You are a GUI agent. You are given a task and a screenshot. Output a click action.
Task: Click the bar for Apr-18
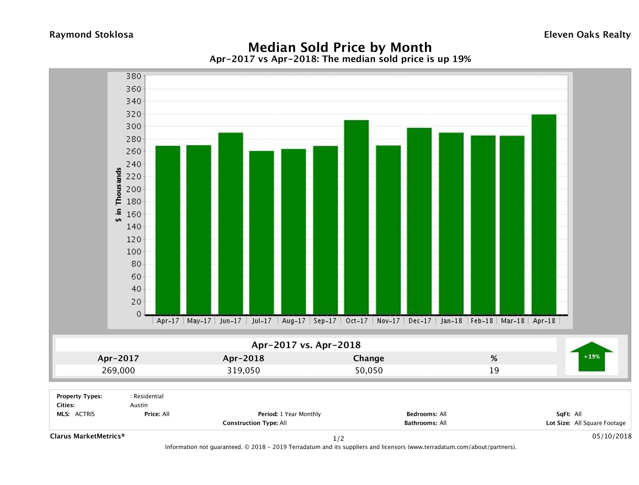[544, 214]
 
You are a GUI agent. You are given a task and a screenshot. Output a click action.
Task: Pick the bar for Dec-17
[419, 221]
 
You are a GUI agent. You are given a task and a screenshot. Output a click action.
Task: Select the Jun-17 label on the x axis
[230, 321]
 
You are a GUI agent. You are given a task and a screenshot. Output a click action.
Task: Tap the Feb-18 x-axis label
[482, 321]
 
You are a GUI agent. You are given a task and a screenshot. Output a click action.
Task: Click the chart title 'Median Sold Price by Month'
[340, 47]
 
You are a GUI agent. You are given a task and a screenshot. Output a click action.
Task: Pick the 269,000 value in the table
[118, 370]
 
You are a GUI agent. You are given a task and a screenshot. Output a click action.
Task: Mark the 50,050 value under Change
[369, 370]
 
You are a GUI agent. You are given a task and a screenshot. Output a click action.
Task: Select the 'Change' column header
[369, 358]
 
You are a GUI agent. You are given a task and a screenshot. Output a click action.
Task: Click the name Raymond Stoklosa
[91, 35]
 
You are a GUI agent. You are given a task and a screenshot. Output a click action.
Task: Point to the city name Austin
[139, 405]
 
